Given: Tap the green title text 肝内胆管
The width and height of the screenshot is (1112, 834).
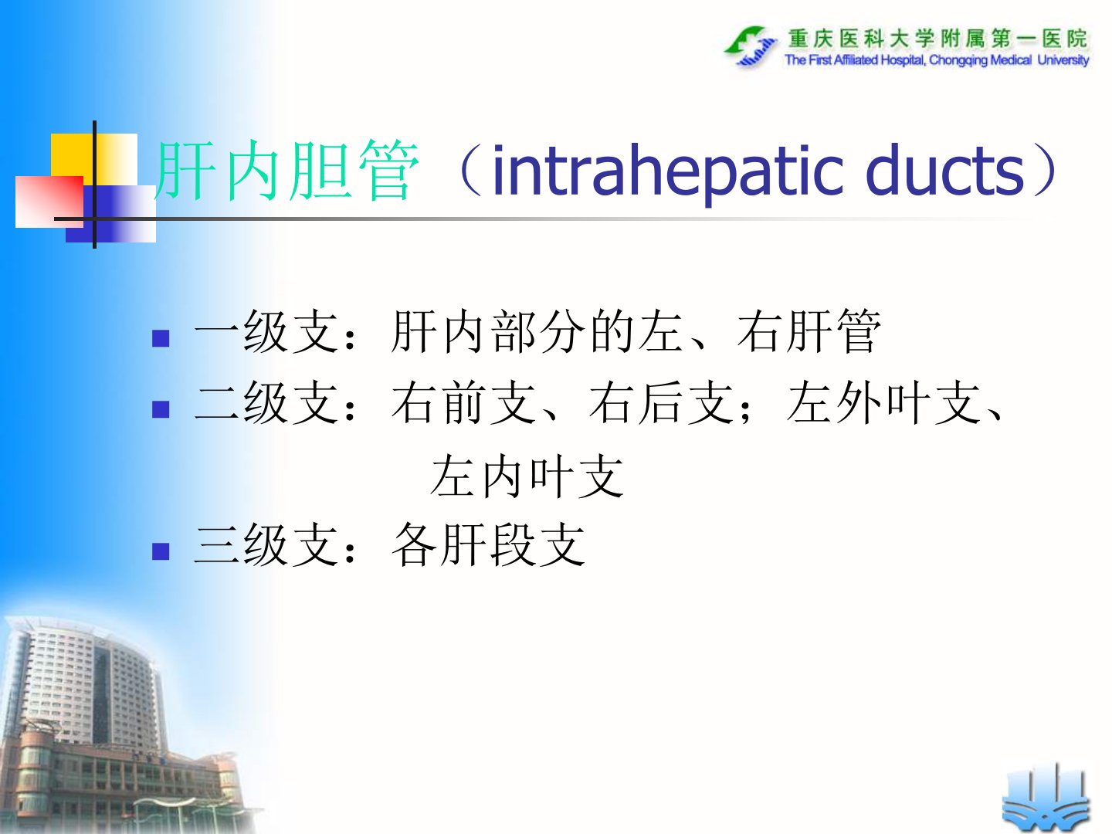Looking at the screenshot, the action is click(x=286, y=170).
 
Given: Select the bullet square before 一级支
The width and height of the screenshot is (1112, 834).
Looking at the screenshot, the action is click(x=161, y=338).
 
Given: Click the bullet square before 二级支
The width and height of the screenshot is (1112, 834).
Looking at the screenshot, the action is click(x=161, y=409).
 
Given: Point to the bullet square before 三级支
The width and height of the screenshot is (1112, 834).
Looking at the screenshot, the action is click(x=161, y=551).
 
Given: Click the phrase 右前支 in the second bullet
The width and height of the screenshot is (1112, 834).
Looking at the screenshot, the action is click(x=463, y=402).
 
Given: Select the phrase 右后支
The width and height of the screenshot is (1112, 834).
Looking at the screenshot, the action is click(x=660, y=402).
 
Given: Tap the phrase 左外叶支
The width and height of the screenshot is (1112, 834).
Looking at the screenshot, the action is click(x=883, y=402).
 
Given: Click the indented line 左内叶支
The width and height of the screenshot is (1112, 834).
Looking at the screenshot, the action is click(x=527, y=476).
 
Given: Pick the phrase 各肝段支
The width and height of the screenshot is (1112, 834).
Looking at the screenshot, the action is click(x=488, y=544).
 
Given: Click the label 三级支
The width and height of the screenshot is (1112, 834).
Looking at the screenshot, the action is click(x=266, y=544).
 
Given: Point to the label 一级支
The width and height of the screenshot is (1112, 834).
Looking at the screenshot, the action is click(x=266, y=331).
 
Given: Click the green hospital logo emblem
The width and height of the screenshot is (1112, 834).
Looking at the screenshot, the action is click(x=751, y=46).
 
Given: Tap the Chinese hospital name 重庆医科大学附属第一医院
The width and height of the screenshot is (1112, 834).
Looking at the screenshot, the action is click(x=937, y=39).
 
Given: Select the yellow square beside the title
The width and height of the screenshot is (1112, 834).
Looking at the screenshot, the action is click(x=93, y=159).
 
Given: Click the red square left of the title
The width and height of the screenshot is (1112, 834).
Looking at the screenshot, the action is click(x=49, y=202).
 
